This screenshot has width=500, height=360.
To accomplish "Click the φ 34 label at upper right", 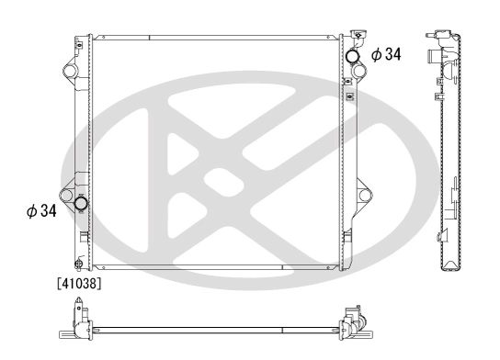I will click(387, 55).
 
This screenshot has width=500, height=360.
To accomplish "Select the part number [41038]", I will click(79, 285).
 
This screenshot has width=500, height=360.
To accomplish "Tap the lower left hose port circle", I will click(81, 203).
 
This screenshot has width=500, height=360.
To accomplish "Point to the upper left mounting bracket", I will click(69, 71).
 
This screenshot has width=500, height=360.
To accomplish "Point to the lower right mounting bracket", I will click(364, 196).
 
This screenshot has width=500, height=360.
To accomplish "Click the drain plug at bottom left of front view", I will click(80, 260).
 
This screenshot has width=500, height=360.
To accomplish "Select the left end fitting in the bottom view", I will click(79, 326).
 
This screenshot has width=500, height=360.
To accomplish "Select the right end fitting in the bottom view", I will click(353, 325).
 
